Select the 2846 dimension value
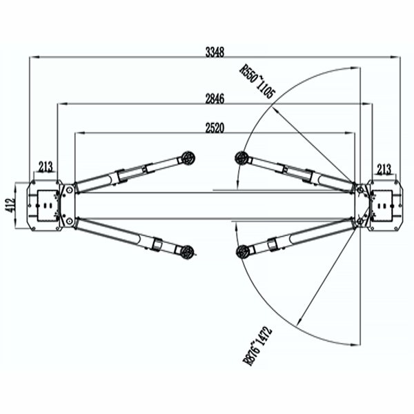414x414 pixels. click(x=215, y=97)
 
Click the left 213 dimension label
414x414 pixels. click(x=46, y=166)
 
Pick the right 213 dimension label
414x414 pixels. click(x=384, y=166)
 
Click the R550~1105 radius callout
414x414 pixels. click(x=255, y=80)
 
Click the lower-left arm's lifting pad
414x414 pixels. click(x=185, y=250)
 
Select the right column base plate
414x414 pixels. click(x=384, y=205)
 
